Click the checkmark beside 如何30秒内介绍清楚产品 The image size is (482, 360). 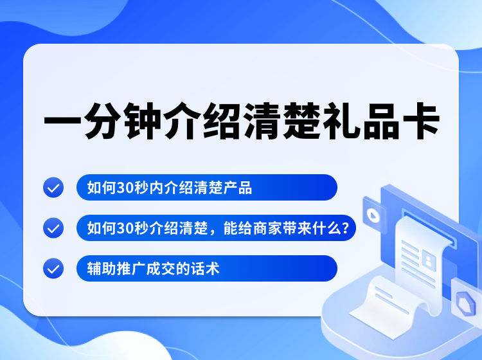click(x=53, y=188)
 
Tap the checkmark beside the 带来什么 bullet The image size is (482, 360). click(x=53, y=228)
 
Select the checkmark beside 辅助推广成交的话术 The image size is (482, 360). click(x=53, y=268)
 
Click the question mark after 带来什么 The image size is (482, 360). click(x=346, y=228)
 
